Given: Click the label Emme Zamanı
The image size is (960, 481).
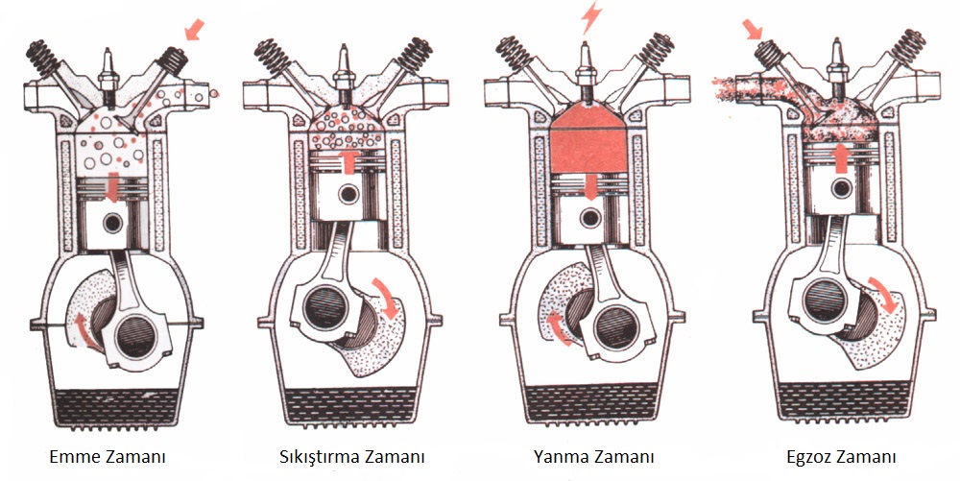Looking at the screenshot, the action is coord(108,457).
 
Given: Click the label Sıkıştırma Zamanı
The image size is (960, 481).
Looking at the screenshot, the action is coord(351,457).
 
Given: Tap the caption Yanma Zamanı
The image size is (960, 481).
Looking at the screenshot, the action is coord(593,457).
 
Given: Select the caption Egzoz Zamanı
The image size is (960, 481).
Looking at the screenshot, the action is coord(841,457).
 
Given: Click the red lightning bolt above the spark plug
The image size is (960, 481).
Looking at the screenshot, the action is coord(591,17).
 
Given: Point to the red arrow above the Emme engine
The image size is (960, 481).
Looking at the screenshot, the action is coord(194,30).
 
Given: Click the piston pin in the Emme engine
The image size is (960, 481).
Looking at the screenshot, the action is coord(112,223).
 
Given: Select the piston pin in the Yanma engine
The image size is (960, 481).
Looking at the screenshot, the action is coord(590,217).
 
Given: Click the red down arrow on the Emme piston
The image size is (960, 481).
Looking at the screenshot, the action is coord(112,187).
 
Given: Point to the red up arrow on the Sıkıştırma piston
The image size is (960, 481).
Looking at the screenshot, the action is coord(349,161).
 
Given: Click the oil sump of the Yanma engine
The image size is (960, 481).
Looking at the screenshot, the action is coord(591,403).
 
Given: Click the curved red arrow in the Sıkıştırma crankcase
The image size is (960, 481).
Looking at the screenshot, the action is coord(386,298).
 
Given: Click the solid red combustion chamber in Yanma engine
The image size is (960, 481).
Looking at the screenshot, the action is coord(588,141).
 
